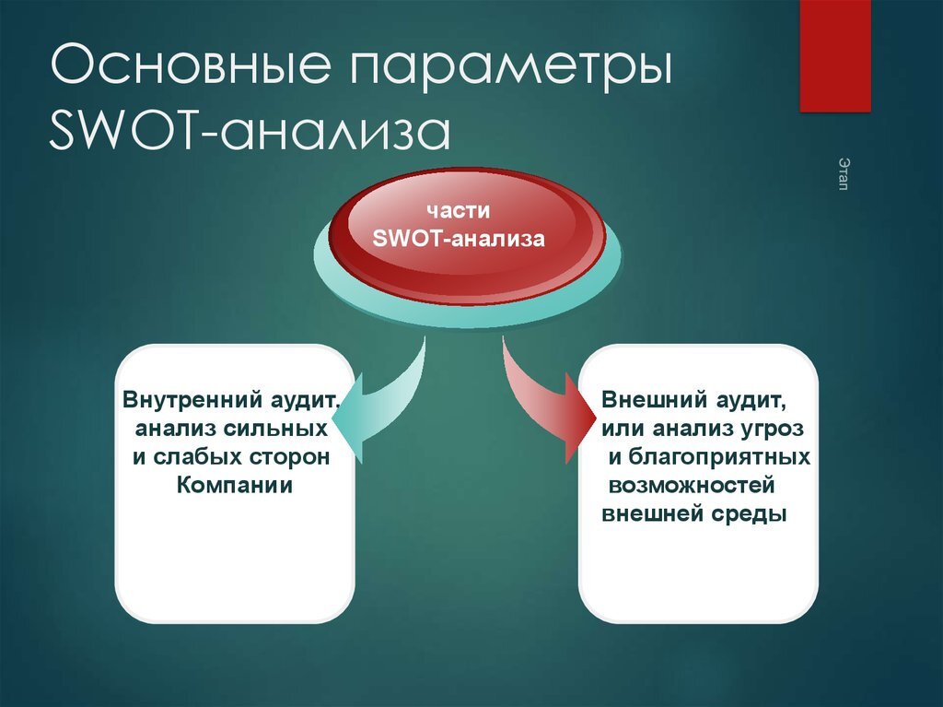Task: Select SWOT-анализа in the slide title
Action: point(250,132)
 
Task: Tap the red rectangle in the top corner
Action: point(834,55)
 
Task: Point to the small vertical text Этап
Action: point(843,173)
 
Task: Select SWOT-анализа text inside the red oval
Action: point(460,240)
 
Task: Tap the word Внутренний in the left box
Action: point(181,402)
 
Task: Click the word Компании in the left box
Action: point(234,485)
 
